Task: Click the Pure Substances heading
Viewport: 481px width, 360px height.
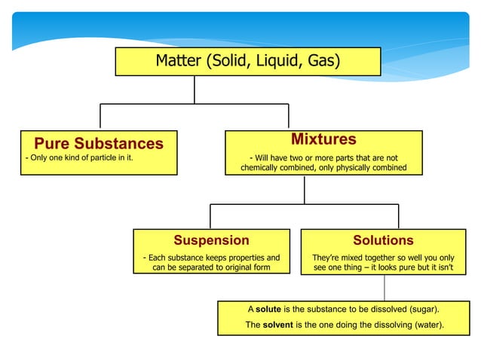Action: coord(98,143)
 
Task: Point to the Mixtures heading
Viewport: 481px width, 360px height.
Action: coord(323,139)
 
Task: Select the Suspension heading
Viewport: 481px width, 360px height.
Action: coord(211,240)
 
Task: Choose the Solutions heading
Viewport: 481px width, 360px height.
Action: coord(383,240)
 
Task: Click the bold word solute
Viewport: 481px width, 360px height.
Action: coord(268,310)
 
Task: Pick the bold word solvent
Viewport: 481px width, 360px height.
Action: coord(277,325)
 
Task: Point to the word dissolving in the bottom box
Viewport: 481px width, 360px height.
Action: coord(384,325)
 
